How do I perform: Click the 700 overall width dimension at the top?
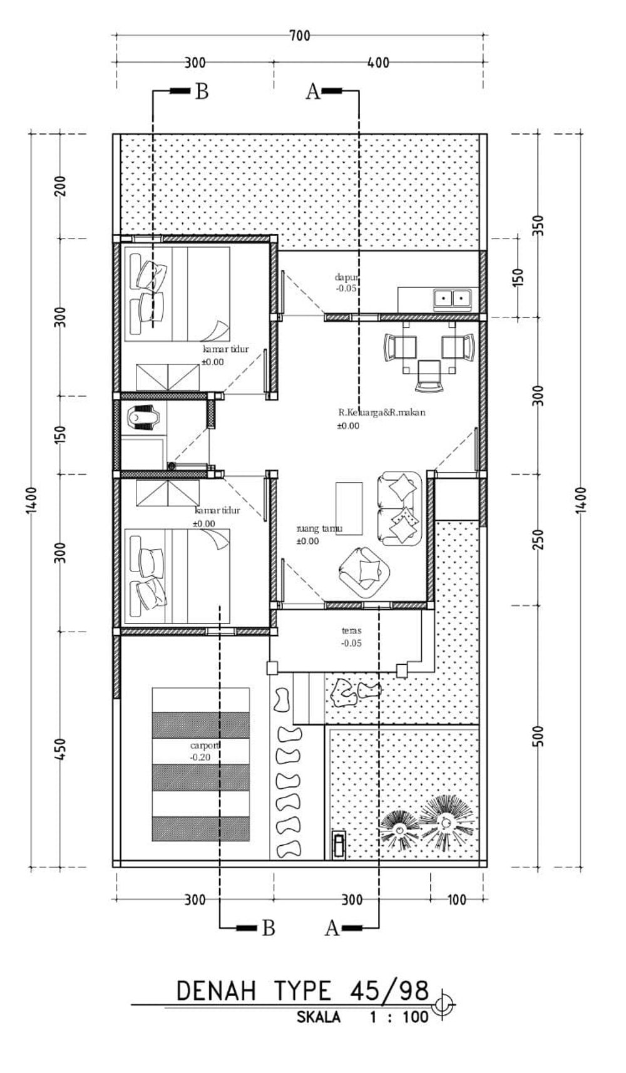click(300, 36)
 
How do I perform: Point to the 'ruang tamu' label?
click(319, 529)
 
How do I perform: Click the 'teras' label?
click(351, 631)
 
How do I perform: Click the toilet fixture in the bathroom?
click(141, 418)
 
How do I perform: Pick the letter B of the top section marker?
click(202, 91)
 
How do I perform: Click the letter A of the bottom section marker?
click(332, 928)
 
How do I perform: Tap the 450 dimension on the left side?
click(60, 749)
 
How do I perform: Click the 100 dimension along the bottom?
click(458, 900)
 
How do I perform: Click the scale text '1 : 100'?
click(399, 1017)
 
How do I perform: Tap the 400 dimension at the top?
click(378, 63)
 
